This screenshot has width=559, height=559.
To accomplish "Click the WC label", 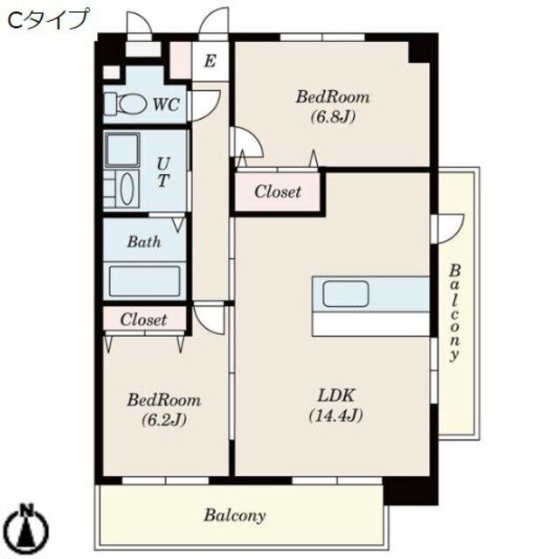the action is point(166,105).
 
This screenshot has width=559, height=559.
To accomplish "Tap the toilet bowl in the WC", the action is point(133,104).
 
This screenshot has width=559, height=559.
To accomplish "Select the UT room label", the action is point(163,172).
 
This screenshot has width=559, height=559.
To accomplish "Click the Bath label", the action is point(144,242).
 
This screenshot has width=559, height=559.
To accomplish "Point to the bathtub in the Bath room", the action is point(144,282).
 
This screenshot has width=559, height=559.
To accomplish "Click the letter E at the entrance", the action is point(210,60).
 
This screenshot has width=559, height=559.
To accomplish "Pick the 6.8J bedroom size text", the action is point(333,116).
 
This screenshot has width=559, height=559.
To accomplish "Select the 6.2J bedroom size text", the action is point(164,419).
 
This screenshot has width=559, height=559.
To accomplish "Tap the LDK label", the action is point(335,395).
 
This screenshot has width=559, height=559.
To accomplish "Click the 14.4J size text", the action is point(335,416).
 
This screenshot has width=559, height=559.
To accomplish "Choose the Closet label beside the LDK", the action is point(278,192).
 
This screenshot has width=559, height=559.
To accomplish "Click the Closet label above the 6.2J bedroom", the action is point(143,319).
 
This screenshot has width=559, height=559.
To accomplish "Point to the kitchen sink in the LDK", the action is point(346,294).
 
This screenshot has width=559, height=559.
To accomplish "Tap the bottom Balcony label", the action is point(235,516).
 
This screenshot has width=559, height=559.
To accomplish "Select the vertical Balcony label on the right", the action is point(454,313).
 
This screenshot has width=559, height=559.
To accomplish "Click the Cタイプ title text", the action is point(47,19).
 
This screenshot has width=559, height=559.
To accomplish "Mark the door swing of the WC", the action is point(205,105).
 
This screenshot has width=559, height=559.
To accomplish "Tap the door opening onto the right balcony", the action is point(449,229).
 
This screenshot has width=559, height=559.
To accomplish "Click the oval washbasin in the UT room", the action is point(127,189).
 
